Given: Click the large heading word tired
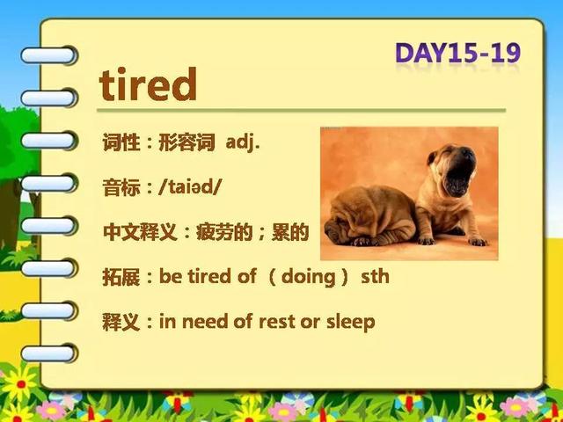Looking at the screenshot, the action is click(x=148, y=84).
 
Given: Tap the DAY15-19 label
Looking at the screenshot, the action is click(x=457, y=53).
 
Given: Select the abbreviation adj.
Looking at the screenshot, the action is click(x=243, y=143).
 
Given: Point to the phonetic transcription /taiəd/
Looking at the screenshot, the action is click(x=190, y=187).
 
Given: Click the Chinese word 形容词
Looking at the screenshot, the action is click(x=186, y=142).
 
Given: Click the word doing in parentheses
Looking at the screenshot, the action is click(x=309, y=277).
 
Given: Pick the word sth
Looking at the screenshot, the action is click(x=376, y=277).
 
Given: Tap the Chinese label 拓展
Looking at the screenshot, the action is click(x=121, y=277).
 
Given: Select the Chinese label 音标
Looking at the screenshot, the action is click(x=121, y=187).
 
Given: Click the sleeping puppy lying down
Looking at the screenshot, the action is click(x=370, y=217).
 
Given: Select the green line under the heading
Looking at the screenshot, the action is click(x=301, y=110).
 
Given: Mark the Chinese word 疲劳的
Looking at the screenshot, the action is click(x=224, y=232).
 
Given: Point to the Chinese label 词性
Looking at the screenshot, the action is click(x=121, y=142).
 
